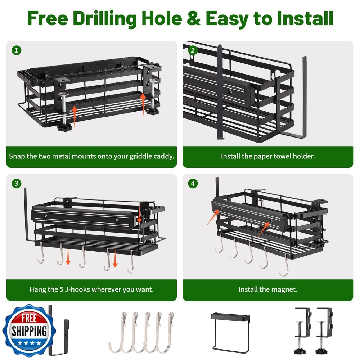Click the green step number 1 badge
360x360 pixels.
(x=16, y=50)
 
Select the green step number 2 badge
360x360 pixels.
(x=193, y=50)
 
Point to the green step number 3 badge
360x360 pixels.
(x=16, y=184)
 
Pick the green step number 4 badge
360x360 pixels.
(x=193, y=184)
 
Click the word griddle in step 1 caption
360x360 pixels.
(x=141, y=157)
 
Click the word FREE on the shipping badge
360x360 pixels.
(x=29, y=319)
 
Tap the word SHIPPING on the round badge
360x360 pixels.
(x=29, y=331)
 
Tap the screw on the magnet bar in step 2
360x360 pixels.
(x=230, y=92)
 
